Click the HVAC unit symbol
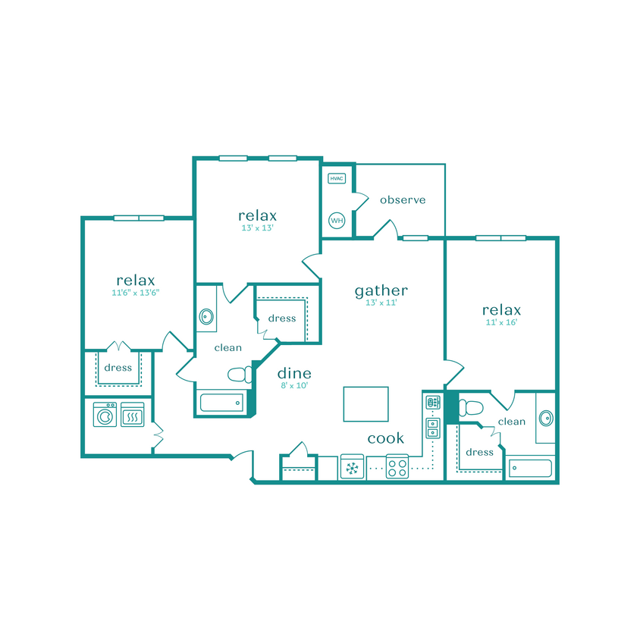click(337, 179)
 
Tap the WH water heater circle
click(337, 221)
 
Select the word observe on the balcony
click(402, 200)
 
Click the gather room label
click(381, 290)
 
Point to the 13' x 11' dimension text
click(381, 303)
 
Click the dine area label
click(293, 373)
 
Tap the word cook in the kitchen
click(385, 438)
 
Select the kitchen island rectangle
click(365, 403)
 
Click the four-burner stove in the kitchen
click(397, 466)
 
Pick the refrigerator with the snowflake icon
click(352, 468)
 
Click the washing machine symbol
click(105, 416)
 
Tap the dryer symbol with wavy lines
click(132, 416)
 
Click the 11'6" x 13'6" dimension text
click(135, 292)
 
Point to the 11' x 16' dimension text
click(501, 322)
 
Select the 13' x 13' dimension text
click(257, 227)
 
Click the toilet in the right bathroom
click(470, 408)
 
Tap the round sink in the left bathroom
click(205, 317)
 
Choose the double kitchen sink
click(432, 428)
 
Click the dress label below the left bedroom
click(118, 368)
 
